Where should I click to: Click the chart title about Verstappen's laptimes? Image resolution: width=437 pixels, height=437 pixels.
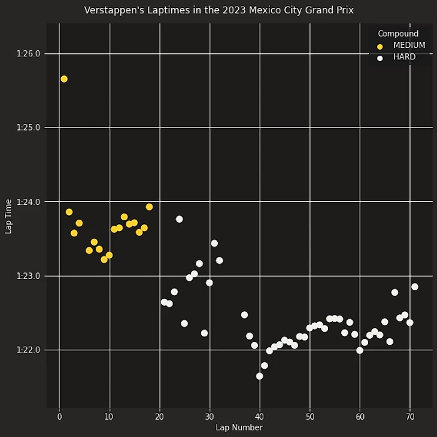pyautogui.click(x=218, y=10)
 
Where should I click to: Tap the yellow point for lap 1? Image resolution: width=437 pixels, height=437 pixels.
pyautogui.click(x=64, y=79)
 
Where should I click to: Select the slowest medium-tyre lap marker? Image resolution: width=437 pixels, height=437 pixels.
pyautogui.click(x=64, y=79)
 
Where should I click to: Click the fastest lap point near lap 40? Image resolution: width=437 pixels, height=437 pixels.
pyautogui.click(x=259, y=376)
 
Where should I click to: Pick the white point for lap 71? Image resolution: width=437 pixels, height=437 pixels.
pyautogui.click(x=415, y=287)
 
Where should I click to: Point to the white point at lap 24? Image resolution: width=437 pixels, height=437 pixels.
pyautogui.click(x=179, y=219)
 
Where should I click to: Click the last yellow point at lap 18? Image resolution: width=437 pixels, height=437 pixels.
pyautogui.click(x=149, y=207)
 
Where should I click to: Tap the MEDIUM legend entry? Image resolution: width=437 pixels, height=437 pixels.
pyautogui.click(x=409, y=45)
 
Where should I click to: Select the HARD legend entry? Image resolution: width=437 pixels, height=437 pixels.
pyautogui.click(x=404, y=57)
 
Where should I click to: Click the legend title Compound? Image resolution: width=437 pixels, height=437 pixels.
pyautogui.click(x=398, y=34)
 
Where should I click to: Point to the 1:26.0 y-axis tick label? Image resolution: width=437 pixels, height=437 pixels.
pyautogui.click(x=29, y=54)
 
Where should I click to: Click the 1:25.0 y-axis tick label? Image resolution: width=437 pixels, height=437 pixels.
pyautogui.click(x=29, y=128)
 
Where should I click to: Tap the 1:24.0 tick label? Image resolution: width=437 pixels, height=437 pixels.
pyautogui.click(x=29, y=202)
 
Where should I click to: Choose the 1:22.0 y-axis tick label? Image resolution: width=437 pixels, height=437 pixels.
pyautogui.click(x=29, y=350)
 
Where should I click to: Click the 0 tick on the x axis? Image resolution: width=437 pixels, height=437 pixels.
pyautogui.click(x=59, y=417)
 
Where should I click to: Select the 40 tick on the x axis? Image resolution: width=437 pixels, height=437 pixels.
pyautogui.click(x=259, y=417)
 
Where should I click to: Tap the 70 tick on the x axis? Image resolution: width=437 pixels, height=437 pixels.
pyautogui.click(x=410, y=417)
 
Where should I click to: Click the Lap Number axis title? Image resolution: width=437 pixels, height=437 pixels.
pyautogui.click(x=239, y=427)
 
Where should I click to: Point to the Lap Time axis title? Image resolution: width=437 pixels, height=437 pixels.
pyautogui.click(x=8, y=216)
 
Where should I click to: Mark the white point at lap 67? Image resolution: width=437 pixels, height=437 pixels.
pyautogui.click(x=394, y=292)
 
